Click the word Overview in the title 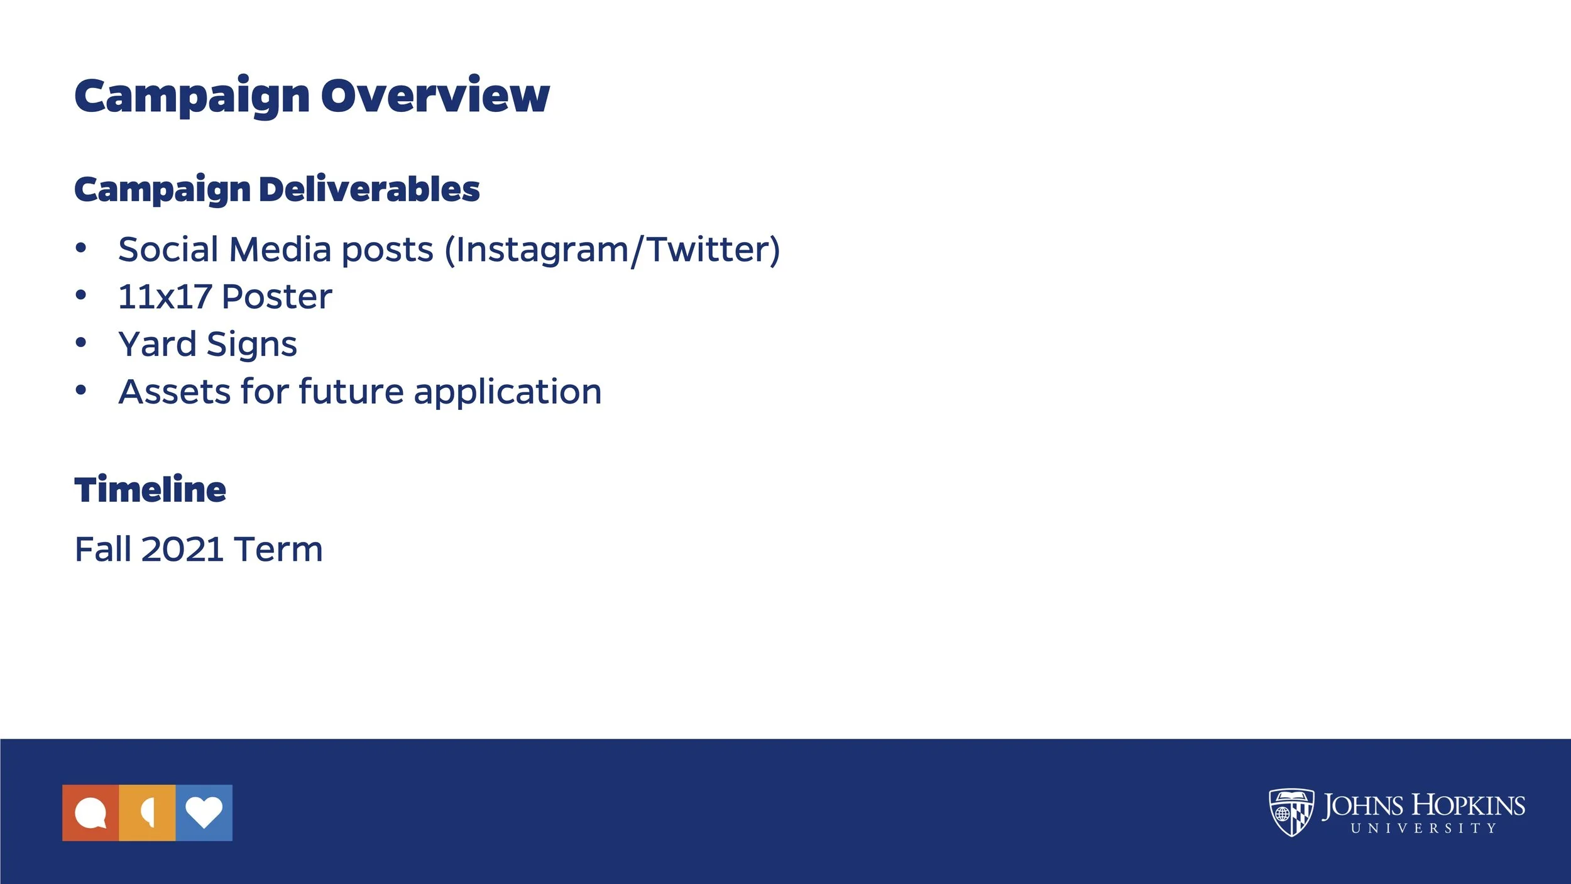(x=435, y=96)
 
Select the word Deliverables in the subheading (x=369, y=189)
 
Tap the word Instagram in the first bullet (x=541, y=250)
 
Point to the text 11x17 (x=165, y=297)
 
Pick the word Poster (x=276, y=297)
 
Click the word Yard (x=157, y=345)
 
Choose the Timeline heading (x=150, y=490)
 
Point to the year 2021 (x=183, y=550)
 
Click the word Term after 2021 (x=278, y=550)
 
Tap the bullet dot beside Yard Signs (x=80, y=343)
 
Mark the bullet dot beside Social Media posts (x=80, y=248)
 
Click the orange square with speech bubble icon (x=90, y=813)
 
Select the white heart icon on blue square (x=204, y=813)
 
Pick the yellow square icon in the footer (x=147, y=813)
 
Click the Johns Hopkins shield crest (x=1291, y=812)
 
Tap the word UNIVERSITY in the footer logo (x=1423, y=829)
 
